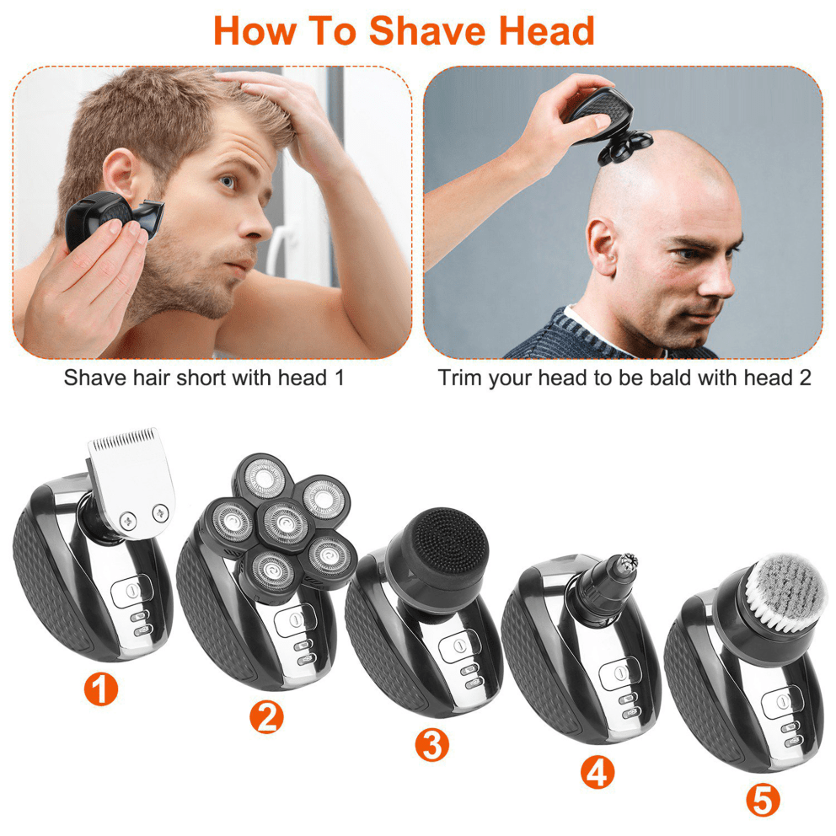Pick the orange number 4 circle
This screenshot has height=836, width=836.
pyautogui.click(x=597, y=772)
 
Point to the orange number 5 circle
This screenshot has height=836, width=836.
pyautogui.click(x=763, y=800)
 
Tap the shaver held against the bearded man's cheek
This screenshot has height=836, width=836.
pyautogui.click(x=105, y=223)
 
